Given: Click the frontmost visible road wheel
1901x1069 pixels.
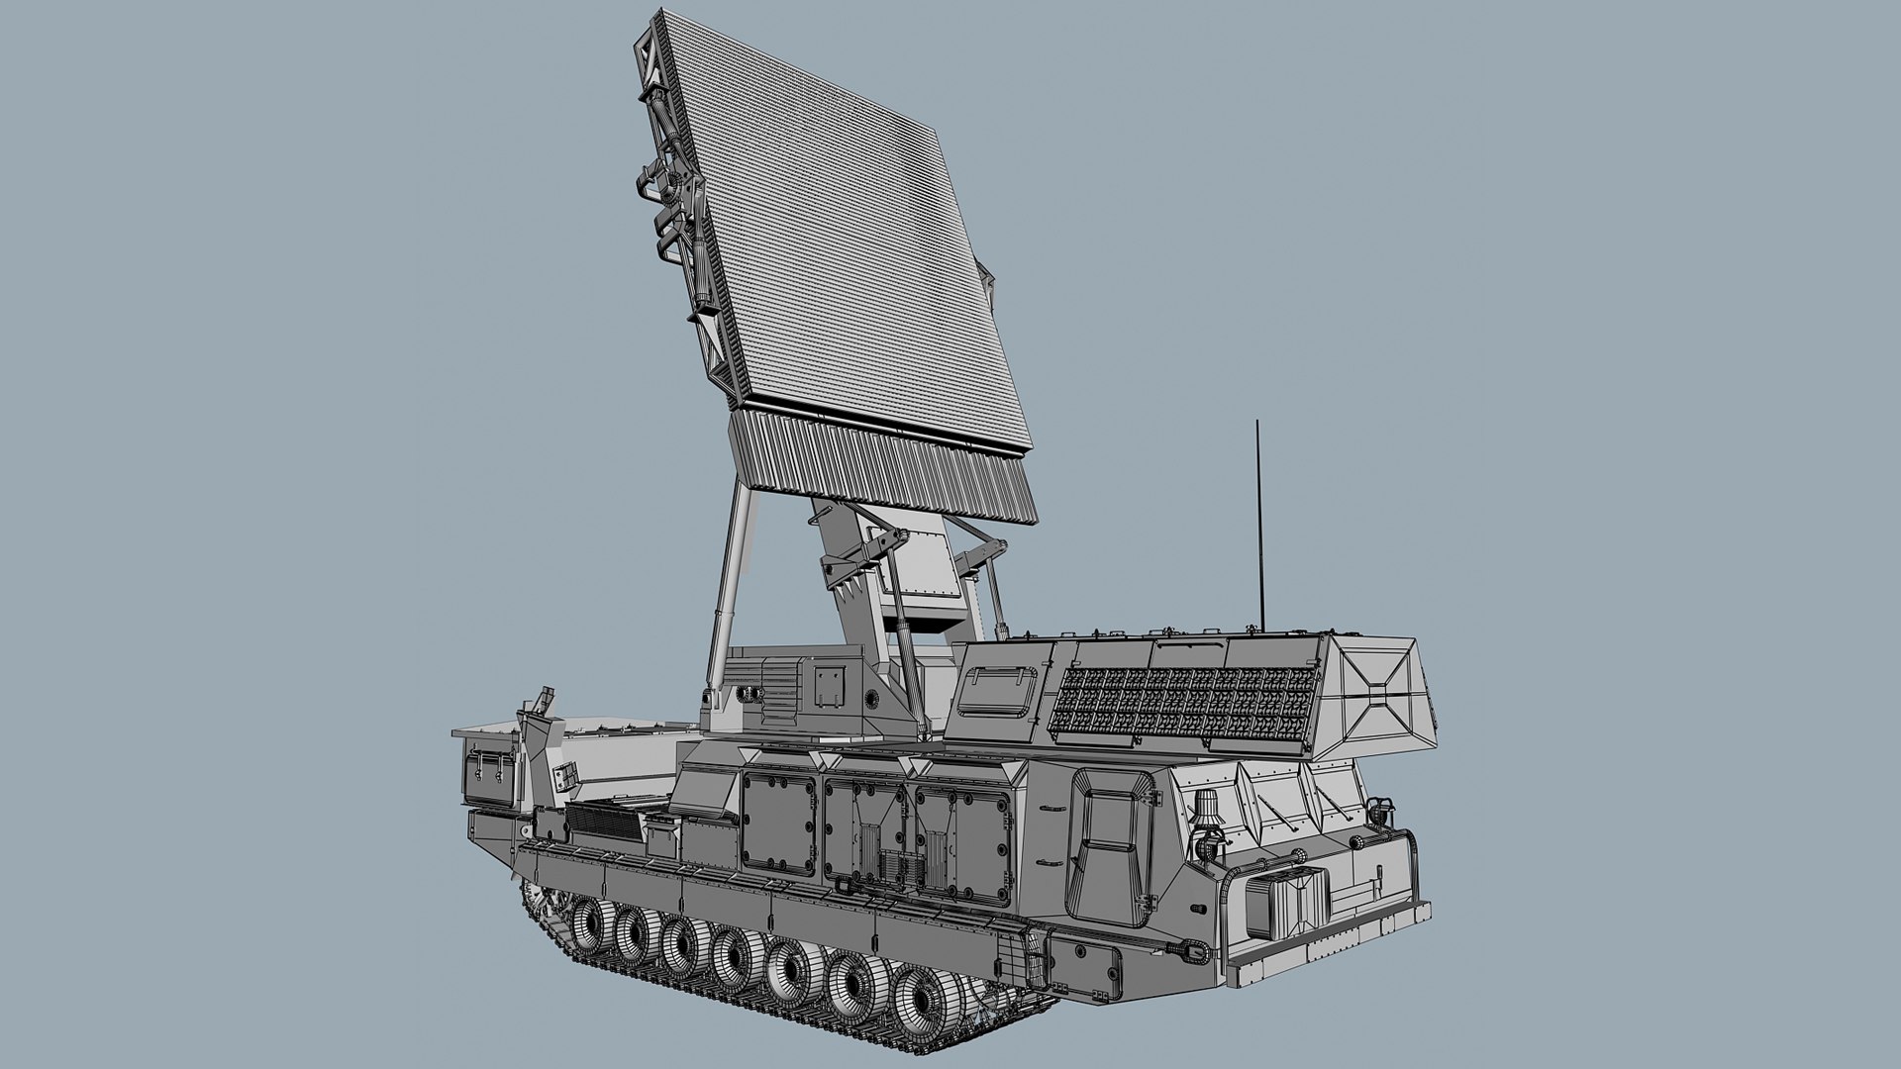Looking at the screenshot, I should coord(591,922).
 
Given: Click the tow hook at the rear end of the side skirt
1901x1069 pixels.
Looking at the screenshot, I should coord(1198,950).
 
